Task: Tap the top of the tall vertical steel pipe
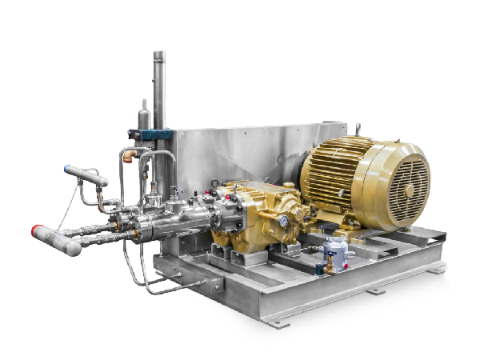pyautogui.click(x=158, y=57)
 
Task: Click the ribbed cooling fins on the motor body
pyautogui.click(x=328, y=172)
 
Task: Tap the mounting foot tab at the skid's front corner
pyautogui.click(x=277, y=322)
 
